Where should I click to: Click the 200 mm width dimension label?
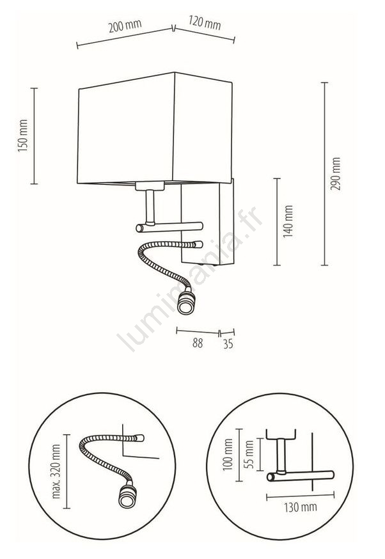(x=125, y=26)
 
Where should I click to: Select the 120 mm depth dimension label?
(x=205, y=23)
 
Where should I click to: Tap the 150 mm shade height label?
(x=23, y=136)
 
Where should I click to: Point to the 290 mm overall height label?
(x=336, y=173)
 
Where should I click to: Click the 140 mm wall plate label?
(x=288, y=221)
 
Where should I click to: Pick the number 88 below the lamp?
(x=198, y=343)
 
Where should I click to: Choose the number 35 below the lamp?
(x=228, y=344)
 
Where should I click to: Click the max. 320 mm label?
(x=56, y=471)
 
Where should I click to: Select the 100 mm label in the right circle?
(x=228, y=455)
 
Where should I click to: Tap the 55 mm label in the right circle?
(x=249, y=455)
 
